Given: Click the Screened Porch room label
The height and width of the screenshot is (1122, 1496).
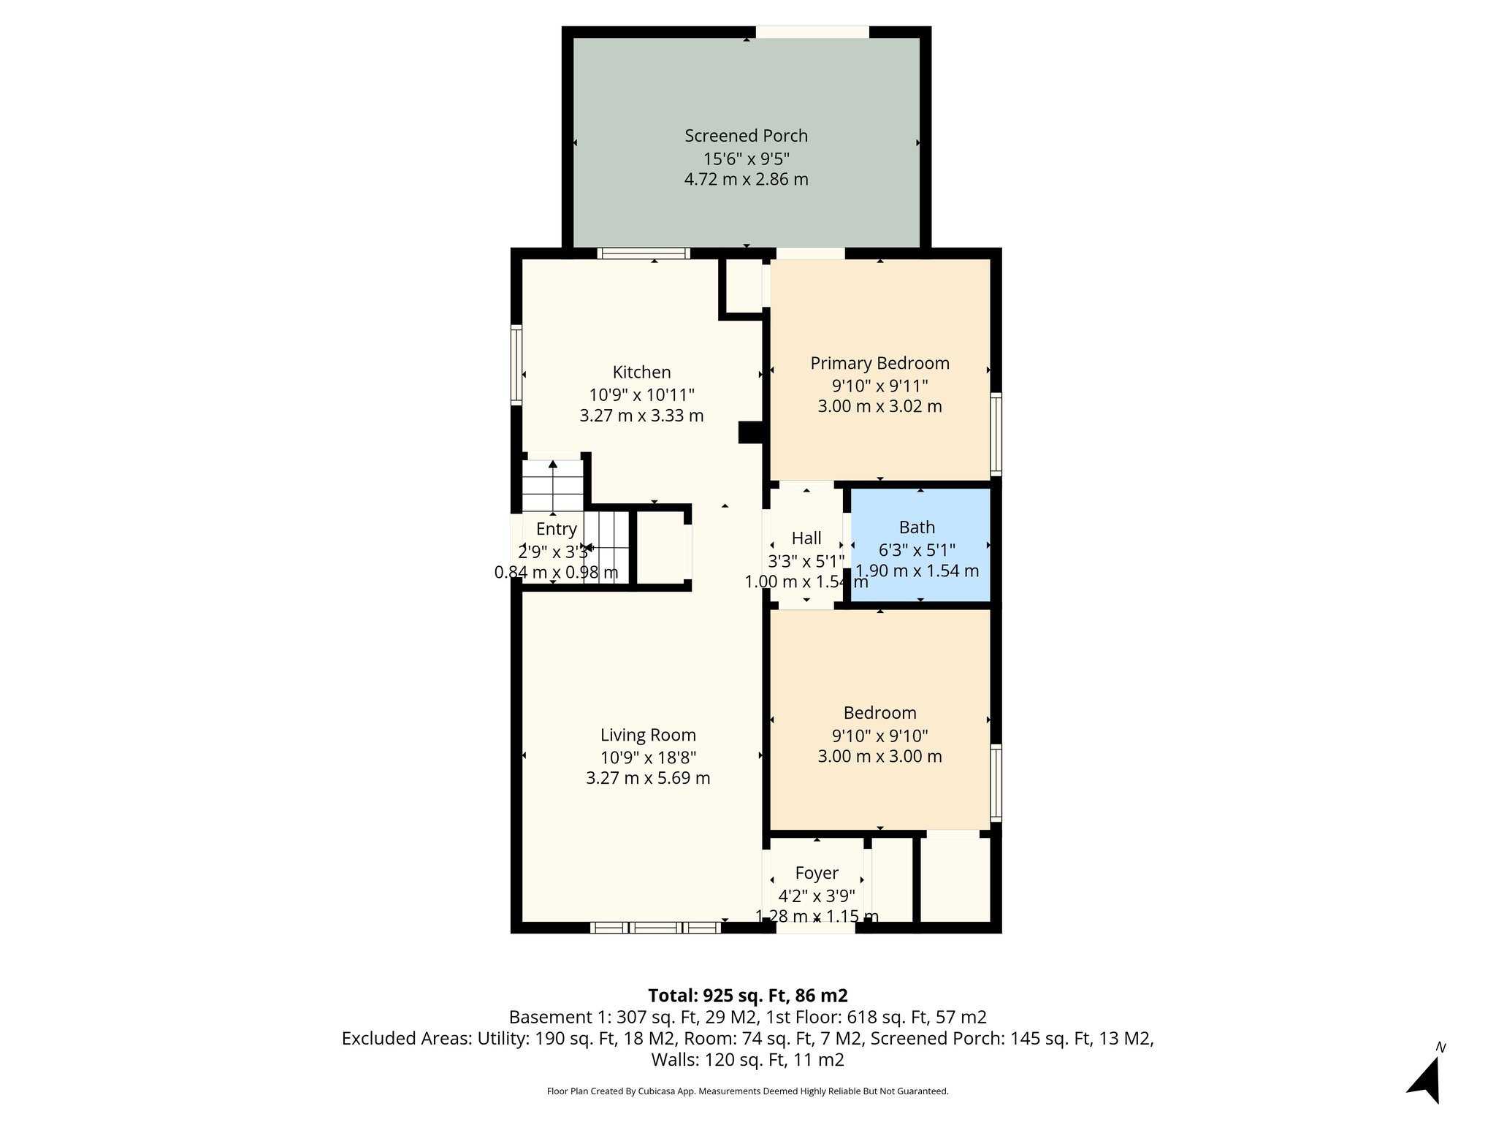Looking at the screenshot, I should click(746, 136).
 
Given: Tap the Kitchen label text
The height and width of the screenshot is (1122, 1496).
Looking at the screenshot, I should click(641, 373).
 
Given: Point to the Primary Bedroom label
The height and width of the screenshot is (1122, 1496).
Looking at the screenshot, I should click(879, 364).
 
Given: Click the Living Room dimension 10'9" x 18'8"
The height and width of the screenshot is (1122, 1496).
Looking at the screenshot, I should click(648, 757).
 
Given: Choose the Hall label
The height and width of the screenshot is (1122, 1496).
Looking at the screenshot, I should click(806, 538).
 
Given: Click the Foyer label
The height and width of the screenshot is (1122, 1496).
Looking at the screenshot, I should click(816, 873).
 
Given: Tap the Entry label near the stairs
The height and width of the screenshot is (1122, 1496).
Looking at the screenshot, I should click(556, 529).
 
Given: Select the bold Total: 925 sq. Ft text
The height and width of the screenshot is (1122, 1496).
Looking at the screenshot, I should click(747, 996).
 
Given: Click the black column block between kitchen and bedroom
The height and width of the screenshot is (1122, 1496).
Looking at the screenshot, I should click(750, 432).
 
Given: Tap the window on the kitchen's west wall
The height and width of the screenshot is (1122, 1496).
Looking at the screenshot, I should click(516, 365).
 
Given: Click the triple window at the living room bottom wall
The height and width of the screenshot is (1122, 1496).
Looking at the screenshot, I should click(655, 928).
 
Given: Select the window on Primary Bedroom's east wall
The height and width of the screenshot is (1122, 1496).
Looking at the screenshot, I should click(996, 434).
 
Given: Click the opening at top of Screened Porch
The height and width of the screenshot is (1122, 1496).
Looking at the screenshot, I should click(812, 32).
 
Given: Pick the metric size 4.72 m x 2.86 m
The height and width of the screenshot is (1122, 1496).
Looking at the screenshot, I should click(746, 180).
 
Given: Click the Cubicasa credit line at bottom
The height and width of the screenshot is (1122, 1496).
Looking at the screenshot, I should click(747, 1091).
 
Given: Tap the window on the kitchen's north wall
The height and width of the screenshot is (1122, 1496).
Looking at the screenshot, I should click(643, 254).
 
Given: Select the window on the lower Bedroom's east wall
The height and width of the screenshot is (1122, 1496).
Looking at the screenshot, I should click(996, 782).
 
